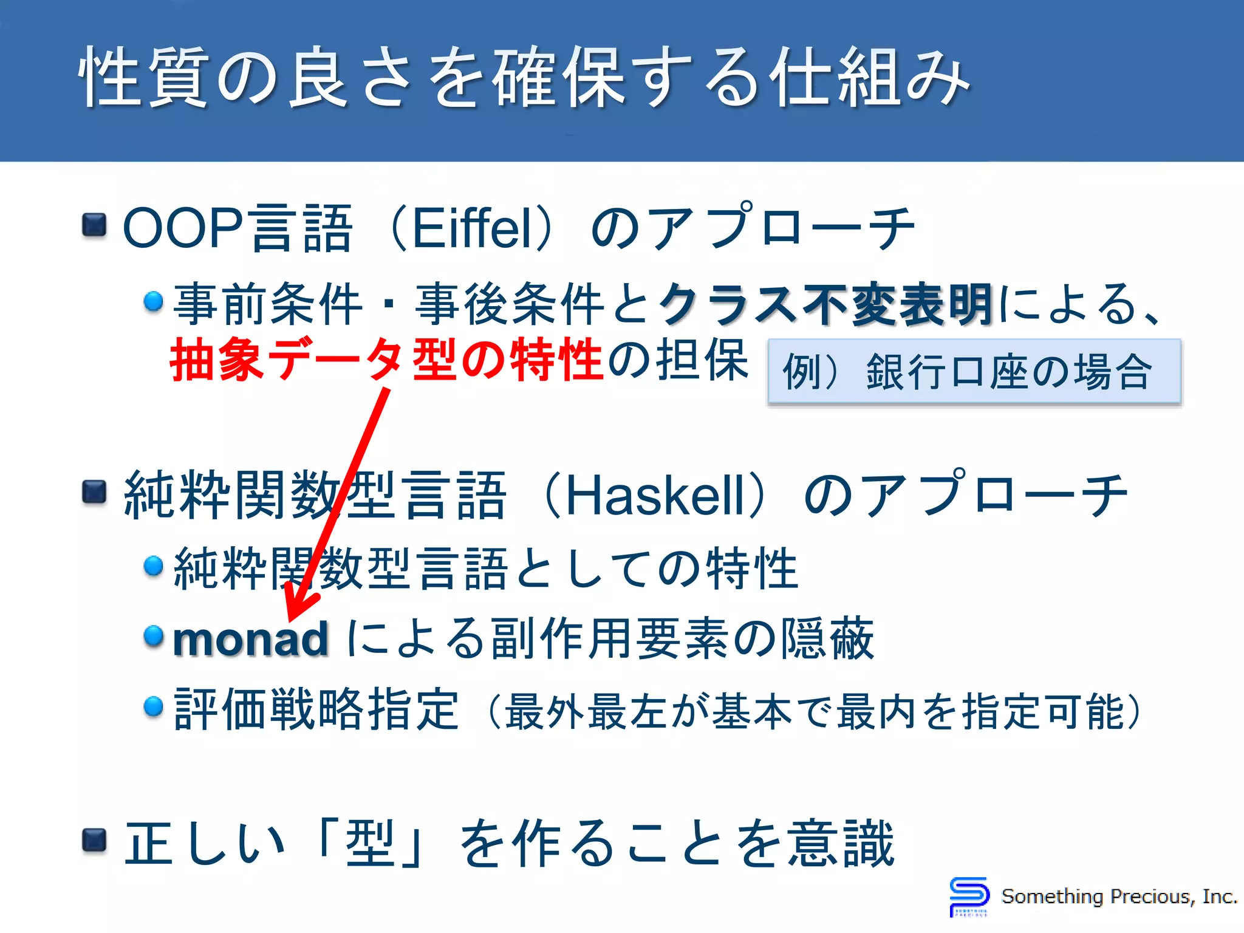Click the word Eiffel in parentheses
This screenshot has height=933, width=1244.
(466, 228)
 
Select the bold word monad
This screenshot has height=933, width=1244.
(251, 639)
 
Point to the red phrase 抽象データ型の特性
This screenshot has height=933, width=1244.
(386, 360)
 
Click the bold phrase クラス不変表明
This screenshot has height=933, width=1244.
(826, 304)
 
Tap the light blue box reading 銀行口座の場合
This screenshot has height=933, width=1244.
(974, 372)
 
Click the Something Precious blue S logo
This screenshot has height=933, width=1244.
(968, 895)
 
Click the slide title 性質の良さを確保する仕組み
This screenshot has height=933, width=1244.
(525, 78)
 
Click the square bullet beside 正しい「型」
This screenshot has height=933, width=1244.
(94, 841)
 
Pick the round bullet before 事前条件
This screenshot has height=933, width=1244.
(154, 301)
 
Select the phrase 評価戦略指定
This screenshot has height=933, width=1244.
(316, 709)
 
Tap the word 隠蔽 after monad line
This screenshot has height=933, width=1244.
(827, 639)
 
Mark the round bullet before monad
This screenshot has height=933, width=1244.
(154, 636)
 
